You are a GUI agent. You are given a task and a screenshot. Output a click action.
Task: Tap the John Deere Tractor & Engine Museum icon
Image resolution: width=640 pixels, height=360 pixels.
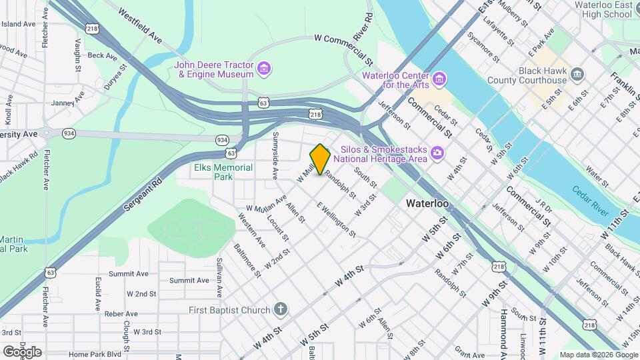click(264, 69)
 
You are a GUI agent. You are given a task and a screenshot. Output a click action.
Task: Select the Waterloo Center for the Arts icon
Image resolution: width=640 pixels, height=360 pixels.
click(439, 80)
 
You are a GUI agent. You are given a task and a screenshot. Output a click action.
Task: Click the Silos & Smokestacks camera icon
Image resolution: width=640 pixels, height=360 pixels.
click(437, 154)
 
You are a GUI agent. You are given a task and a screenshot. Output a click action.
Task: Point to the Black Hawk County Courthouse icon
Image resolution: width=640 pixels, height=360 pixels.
click(577, 74)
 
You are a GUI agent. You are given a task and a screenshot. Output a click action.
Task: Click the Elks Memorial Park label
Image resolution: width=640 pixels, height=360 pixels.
click(223, 172)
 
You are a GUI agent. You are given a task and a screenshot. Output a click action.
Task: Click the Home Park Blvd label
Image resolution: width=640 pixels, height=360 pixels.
click(95, 354)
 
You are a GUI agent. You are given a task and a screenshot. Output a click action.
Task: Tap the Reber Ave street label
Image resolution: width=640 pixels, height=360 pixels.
click(121, 313)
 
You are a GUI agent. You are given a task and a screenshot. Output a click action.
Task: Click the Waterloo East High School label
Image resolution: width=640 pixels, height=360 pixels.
click(603, 9)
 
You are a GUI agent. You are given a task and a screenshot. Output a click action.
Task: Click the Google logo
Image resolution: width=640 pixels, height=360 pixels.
click(22, 351)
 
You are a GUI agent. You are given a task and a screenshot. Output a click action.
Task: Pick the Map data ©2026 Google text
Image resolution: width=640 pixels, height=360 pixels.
click(598, 355)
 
